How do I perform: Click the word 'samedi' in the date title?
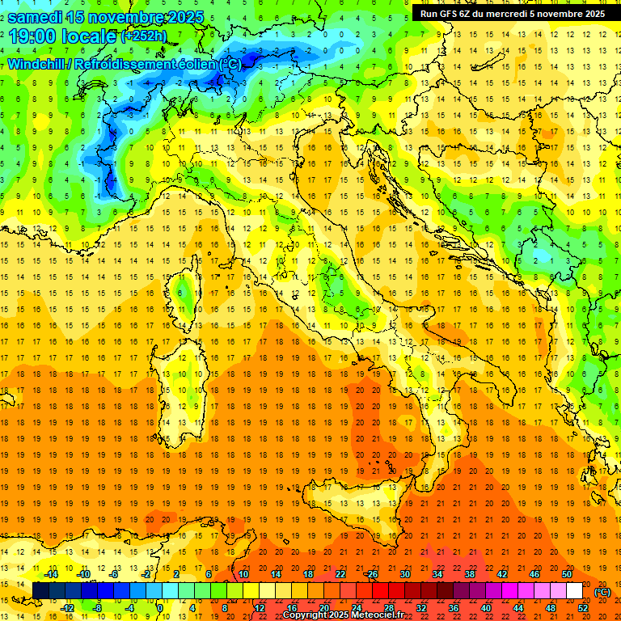point(37,17)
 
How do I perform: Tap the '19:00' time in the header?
point(33,36)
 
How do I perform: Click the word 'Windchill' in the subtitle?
point(37,64)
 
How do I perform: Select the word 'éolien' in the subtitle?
point(198,64)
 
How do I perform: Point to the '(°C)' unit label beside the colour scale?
point(602,592)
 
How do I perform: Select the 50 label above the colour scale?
point(566,574)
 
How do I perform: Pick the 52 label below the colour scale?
point(583,608)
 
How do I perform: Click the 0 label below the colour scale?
point(160,608)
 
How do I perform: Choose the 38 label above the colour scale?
point(470,574)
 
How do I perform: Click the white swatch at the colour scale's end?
point(574,591)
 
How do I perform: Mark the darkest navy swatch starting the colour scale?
point(40,591)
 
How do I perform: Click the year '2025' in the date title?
point(181,17)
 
